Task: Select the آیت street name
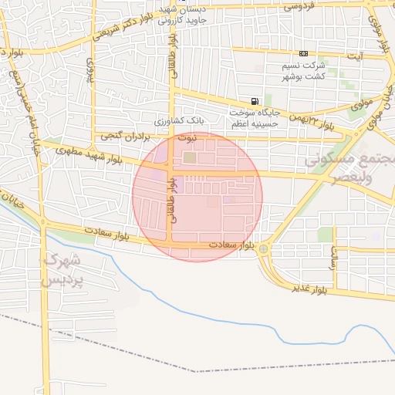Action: point(354,56)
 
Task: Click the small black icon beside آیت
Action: point(303,53)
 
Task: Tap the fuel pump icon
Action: point(254,101)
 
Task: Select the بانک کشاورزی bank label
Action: point(179,122)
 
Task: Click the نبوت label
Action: point(188,137)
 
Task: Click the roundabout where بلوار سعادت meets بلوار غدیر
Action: point(264,249)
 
